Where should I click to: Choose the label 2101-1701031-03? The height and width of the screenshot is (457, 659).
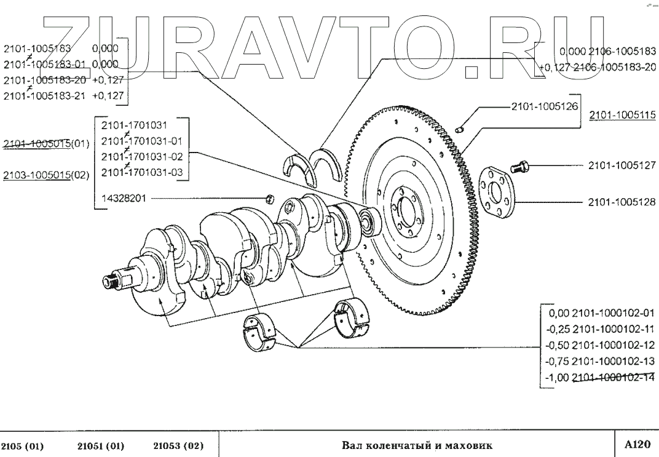(141, 172)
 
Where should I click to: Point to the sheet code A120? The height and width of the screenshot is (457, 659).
(637, 443)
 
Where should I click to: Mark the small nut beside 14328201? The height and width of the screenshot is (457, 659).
(269, 198)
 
